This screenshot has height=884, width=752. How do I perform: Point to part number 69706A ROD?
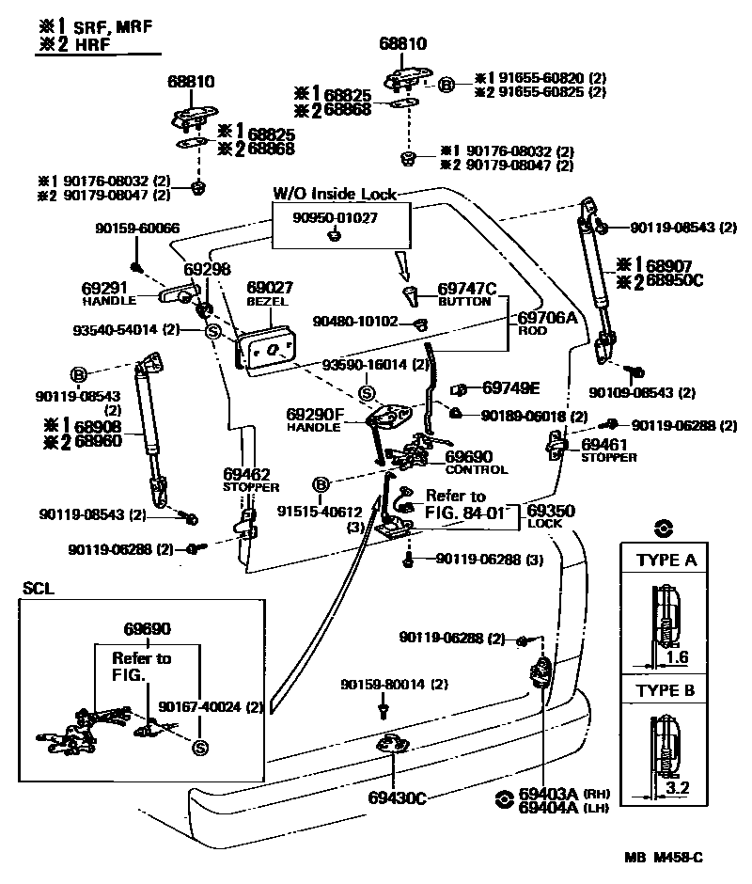click(x=547, y=324)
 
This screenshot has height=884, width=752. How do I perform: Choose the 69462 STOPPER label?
click(x=251, y=480)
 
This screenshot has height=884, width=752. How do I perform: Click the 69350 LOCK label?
click(x=550, y=515)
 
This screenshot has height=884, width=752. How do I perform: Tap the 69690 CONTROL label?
click(x=476, y=462)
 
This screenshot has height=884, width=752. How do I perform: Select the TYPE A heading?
click(x=666, y=561)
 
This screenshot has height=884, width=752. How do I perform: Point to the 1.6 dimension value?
click(x=677, y=658)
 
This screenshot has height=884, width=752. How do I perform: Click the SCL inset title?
click(x=38, y=589)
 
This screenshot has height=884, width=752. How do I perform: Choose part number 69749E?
click(x=510, y=387)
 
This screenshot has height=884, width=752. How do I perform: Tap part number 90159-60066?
click(x=137, y=229)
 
